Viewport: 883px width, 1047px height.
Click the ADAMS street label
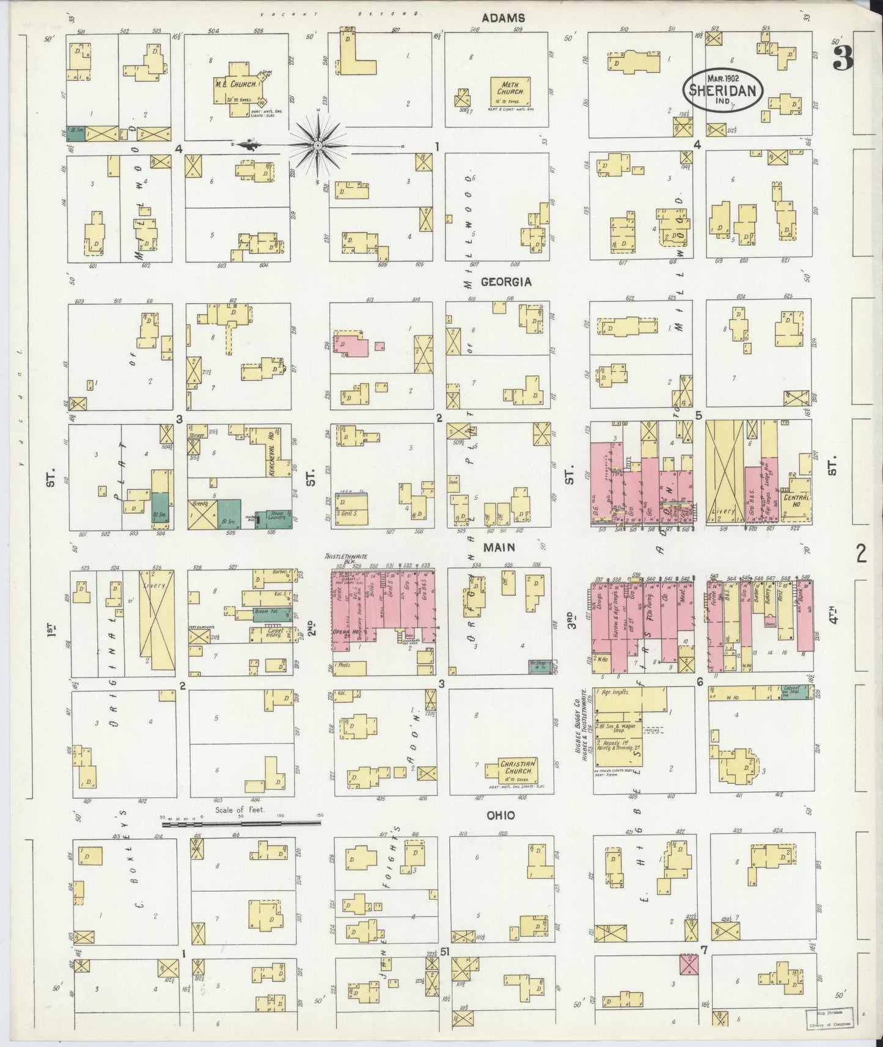pyautogui.click(x=503, y=18)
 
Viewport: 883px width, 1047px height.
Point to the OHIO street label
pyautogui.click(x=500, y=815)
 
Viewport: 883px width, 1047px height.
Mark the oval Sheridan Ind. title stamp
pyautogui.click(x=723, y=89)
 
